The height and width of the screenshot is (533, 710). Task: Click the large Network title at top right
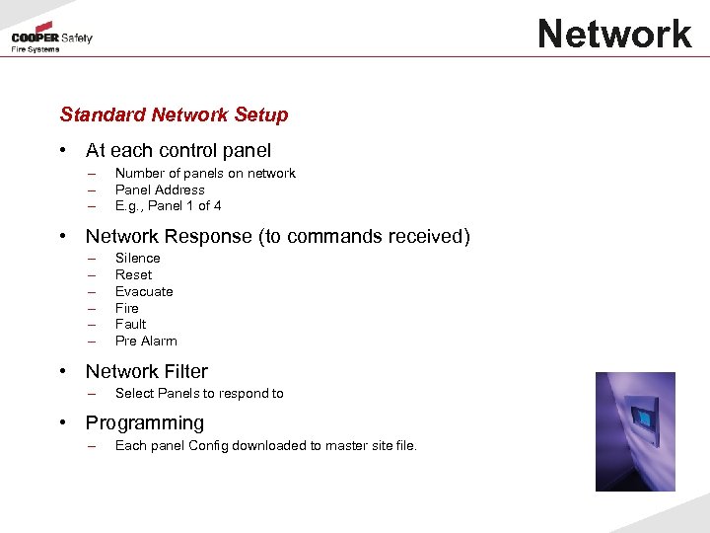pos(614,35)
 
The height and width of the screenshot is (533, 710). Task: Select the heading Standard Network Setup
pos(174,114)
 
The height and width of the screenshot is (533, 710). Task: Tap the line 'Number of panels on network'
pos(205,174)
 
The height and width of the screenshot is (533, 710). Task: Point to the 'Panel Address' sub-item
pos(160,190)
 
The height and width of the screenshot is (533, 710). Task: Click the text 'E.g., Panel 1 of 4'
pos(168,206)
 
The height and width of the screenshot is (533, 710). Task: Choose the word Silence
pos(137,259)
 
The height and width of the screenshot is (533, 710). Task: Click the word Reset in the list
pos(133,274)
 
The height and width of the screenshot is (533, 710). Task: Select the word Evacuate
pos(144,291)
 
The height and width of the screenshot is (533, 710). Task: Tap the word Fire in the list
pos(127,308)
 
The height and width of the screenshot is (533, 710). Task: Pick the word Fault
pos(130,324)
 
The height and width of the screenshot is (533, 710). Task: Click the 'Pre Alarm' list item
pos(146,341)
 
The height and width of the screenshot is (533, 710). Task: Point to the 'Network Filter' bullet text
pos(147,372)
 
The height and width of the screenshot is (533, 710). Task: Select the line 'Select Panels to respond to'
pos(199,394)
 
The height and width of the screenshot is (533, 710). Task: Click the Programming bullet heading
pos(145,423)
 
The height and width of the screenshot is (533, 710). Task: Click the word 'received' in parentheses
pos(427,237)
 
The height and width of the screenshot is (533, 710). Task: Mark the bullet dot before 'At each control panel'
pos(63,151)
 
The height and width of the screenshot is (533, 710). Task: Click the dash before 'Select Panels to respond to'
pos(91,394)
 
